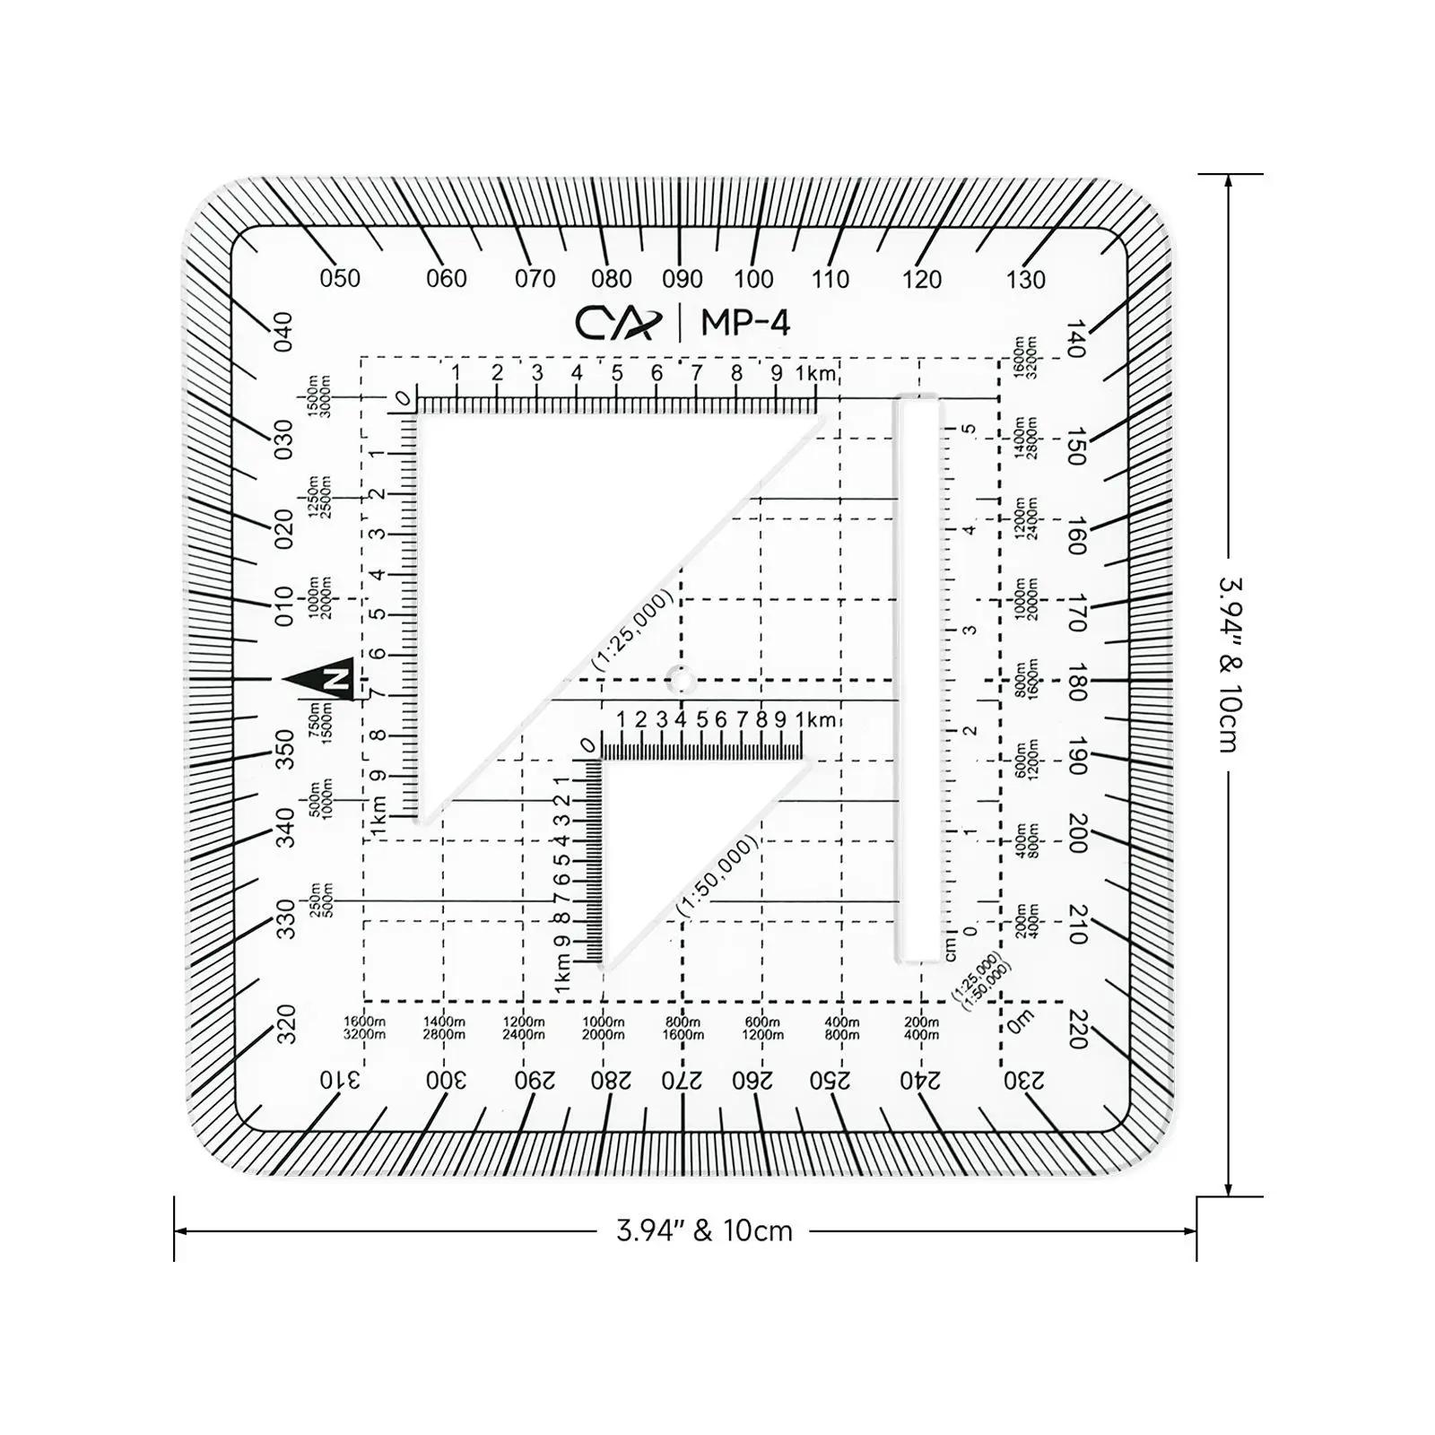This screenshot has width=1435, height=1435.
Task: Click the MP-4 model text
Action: [745, 323]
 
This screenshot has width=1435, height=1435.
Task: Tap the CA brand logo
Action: [618, 323]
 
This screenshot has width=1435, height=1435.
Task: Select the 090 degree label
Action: [683, 279]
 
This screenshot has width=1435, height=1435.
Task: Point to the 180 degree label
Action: [1077, 682]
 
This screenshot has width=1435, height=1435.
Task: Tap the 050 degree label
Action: [340, 279]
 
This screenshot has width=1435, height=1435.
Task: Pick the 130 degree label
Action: [1025, 280]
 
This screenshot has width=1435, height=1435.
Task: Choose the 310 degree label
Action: [340, 1081]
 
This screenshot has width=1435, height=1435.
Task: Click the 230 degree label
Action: [1024, 1081]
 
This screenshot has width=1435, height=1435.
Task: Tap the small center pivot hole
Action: [682, 681]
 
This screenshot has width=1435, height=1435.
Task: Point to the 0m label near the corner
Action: [1020, 1021]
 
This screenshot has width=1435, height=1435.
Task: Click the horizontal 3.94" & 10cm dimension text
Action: [704, 1231]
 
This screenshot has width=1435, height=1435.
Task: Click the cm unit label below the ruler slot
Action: [951, 947]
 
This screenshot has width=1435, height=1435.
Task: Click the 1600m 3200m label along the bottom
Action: [364, 1028]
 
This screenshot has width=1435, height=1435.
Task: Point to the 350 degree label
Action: [284, 749]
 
